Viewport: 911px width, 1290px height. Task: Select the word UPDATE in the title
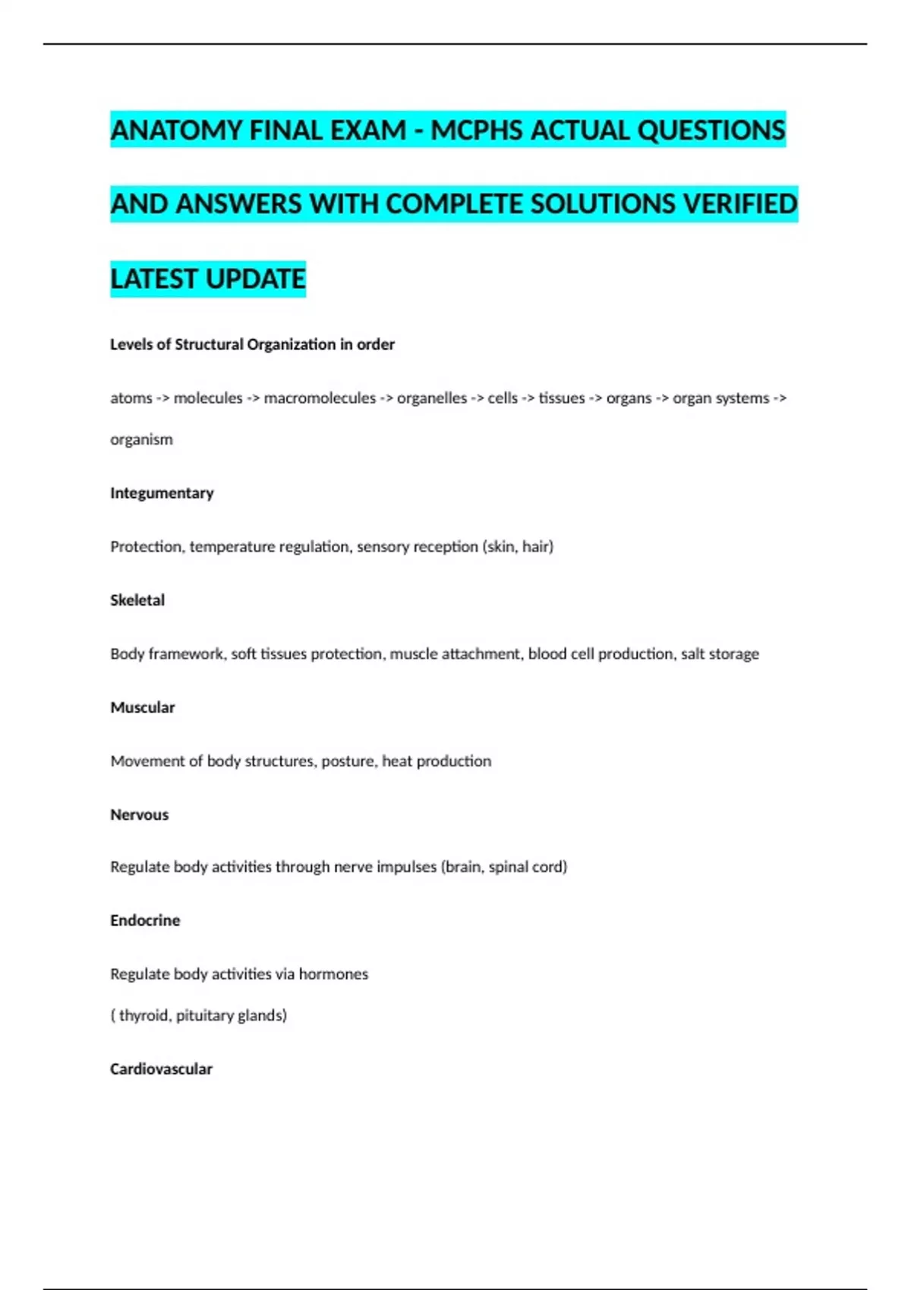255,279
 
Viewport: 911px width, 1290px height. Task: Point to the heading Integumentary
162,493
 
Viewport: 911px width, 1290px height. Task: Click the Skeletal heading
137,600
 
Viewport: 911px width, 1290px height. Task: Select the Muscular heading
143,707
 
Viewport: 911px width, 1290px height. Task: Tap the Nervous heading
140,815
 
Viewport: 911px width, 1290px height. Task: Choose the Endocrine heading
145,920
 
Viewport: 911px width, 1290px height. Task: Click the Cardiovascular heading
161,1069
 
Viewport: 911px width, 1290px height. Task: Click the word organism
141,439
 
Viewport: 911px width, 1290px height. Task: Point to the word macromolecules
320,398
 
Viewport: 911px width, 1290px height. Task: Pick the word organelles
431,398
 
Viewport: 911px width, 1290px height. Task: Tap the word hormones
333,974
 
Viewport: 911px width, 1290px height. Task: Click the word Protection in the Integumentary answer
147,547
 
